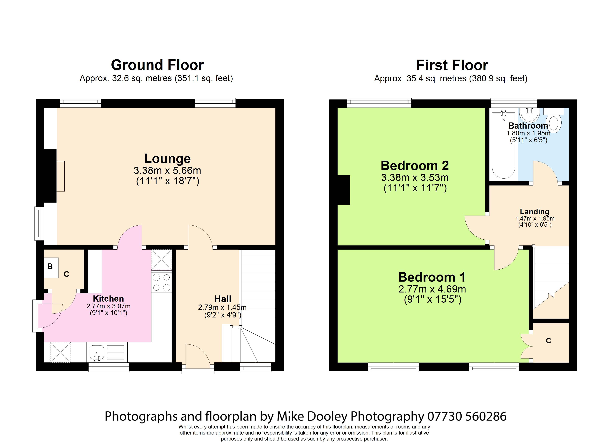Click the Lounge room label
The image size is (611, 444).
click(167, 158)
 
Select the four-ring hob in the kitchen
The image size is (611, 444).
click(161, 282)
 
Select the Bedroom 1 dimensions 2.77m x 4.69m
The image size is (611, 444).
click(432, 289)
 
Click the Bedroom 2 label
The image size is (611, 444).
click(415, 165)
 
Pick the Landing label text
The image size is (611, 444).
click(534, 212)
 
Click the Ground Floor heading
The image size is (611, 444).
click(157, 65)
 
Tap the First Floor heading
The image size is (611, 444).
click(452, 65)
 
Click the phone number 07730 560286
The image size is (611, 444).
click(467, 416)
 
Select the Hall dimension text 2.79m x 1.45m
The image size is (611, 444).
click(222, 307)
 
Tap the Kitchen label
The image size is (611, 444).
click(108, 298)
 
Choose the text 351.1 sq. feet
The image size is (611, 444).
click(204, 78)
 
